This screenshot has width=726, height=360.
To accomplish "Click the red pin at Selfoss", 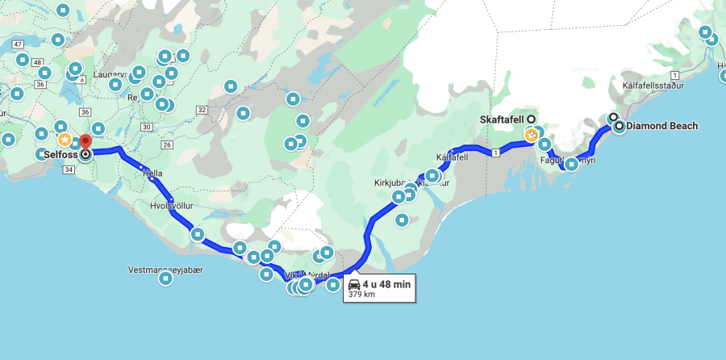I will coord(86,143).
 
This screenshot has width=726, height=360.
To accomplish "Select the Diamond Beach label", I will coord(661,126).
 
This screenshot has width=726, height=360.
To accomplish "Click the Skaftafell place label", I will coord(503,119).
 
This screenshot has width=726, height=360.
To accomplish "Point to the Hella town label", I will coord(152,173).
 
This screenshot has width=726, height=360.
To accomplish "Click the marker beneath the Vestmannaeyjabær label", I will coord(165,279).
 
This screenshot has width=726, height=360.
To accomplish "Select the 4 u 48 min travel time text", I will coord(386,284).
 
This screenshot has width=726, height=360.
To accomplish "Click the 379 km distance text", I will coord(361,295).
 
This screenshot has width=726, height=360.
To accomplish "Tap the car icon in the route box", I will coord(354,284).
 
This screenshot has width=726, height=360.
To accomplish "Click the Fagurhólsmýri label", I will coord(568,161).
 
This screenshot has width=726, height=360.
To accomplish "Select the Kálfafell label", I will coord(451,157).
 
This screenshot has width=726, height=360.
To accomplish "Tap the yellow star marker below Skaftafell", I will coord(532,136).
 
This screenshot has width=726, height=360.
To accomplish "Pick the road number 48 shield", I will coord(38,62).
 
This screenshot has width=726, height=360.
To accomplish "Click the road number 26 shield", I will coord(168,144).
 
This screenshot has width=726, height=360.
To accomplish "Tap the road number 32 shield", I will coord(202,110).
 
